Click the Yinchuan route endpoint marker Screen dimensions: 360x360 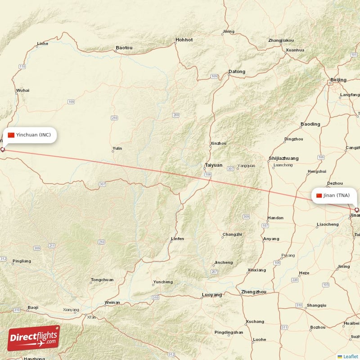coord(2,149)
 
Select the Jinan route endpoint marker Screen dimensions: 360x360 coord(357,210)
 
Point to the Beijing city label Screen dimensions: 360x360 coord(338,80)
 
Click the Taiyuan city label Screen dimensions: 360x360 coord(213,165)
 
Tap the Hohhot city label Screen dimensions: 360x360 coord(184,40)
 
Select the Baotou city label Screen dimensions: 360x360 coord(124,47)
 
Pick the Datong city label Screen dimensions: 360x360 coord(237,72)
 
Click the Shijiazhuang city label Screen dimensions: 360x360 coord(283,158)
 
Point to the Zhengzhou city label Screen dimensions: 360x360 coord(254,292)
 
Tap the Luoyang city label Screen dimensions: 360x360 coord(212,295)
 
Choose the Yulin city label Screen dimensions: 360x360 coord(117,148)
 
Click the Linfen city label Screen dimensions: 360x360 coord(177,238)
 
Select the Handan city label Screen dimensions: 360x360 coord(275,218)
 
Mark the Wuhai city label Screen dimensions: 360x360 coord(22,90)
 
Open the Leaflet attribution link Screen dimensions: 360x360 coord(350,356)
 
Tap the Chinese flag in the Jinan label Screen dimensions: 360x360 coord(319,195)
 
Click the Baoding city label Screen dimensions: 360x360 coord(310,124)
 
